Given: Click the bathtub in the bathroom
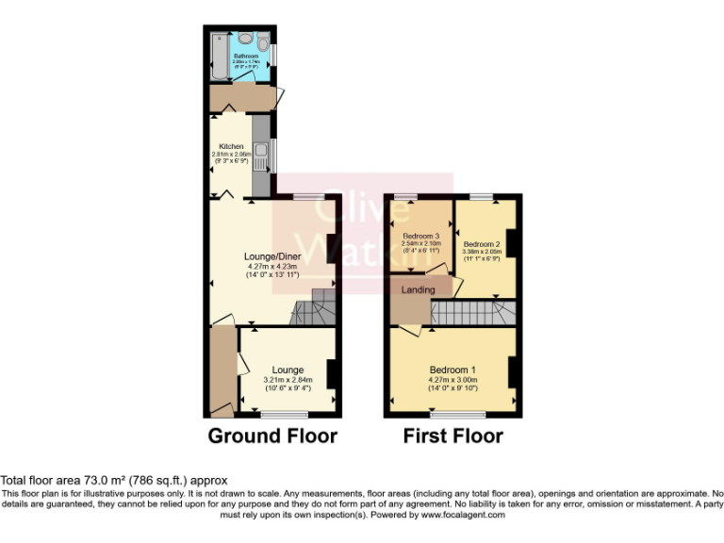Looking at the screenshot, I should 220,56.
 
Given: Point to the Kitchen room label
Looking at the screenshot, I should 231,147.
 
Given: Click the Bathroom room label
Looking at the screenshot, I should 245,57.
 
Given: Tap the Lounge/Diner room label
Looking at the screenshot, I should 271,255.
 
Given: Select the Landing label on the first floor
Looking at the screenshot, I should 419,289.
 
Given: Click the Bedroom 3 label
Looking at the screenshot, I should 421,236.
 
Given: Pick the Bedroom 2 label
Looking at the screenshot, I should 481,243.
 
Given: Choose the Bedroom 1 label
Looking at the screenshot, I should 452,369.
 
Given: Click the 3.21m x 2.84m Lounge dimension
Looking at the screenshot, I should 287,380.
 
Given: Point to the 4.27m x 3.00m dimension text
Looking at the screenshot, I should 452,380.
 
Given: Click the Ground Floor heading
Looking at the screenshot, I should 271,436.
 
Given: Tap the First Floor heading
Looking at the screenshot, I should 452,436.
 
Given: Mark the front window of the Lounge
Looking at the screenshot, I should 284,415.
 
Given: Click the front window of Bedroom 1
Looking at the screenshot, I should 452,415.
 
